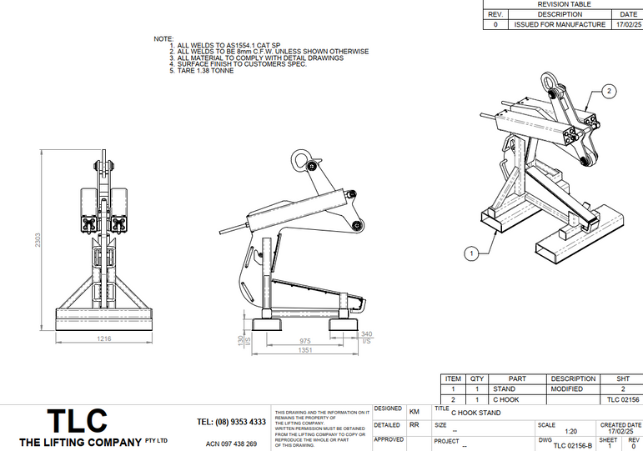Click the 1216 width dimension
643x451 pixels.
[x=103, y=338]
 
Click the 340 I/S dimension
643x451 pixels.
[x=365, y=337]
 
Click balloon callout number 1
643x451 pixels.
[x=471, y=251]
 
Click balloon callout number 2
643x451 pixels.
[x=609, y=90]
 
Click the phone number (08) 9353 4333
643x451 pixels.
[x=231, y=422]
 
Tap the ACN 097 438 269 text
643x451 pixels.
[x=231, y=443]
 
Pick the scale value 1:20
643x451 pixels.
[x=548, y=431]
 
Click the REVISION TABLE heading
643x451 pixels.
[x=563, y=4]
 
